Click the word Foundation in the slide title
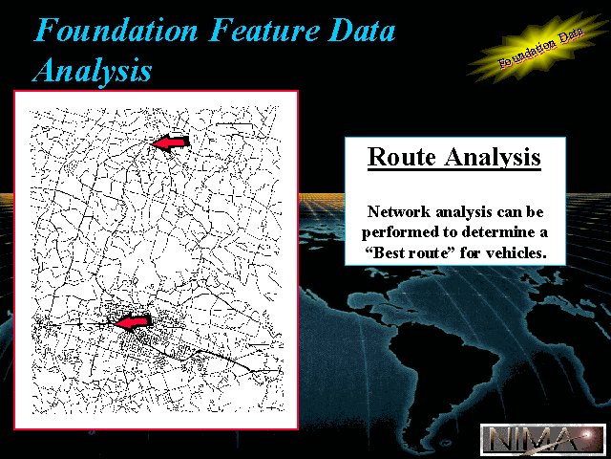tap(116, 30)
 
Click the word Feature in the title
tap(264, 30)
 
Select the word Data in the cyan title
tap(362, 30)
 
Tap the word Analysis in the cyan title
tap(92, 70)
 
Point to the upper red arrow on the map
tap(170, 142)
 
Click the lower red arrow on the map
tap(133, 322)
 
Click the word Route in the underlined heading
tap(402, 157)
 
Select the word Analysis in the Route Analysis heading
tap(493, 158)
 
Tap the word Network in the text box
tap(399, 212)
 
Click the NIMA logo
tap(543, 439)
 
